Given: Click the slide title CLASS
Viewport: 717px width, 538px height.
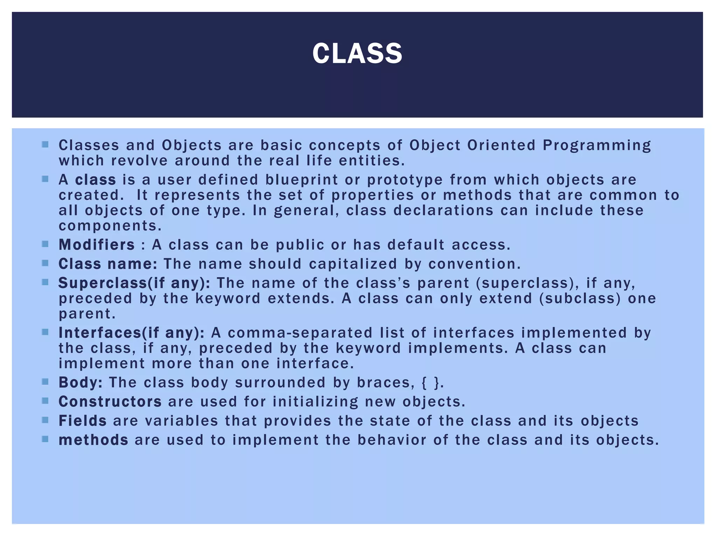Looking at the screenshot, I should (x=357, y=54).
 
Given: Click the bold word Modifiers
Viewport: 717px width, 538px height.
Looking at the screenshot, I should (x=97, y=245).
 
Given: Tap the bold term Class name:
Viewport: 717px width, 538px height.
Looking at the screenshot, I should (x=108, y=264).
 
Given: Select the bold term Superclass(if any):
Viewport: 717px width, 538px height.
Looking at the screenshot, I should (x=134, y=283).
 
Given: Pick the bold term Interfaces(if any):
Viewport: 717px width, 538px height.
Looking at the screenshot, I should (x=131, y=333).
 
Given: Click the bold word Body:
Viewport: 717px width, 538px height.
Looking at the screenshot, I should (x=81, y=382).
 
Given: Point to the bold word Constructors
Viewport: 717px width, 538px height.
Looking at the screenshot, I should (x=110, y=402).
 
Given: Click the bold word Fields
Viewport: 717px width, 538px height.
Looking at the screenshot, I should (x=82, y=421).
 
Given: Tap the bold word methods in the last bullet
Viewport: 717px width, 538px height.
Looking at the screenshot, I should (x=93, y=440).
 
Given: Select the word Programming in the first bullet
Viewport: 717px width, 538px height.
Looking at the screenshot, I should (x=597, y=145).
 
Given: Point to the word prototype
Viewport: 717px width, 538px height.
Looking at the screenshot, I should (x=405, y=180).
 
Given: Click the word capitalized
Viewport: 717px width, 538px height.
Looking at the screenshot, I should (x=353, y=264).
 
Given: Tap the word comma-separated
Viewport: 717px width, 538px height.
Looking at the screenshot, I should (x=300, y=333).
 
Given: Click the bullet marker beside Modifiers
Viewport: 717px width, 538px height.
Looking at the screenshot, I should (x=45, y=244).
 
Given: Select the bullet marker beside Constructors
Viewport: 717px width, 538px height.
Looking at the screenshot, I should (x=45, y=401).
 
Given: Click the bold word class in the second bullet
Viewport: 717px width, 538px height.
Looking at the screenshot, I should (x=95, y=180).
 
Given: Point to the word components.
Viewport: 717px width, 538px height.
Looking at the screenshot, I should (x=110, y=226).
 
